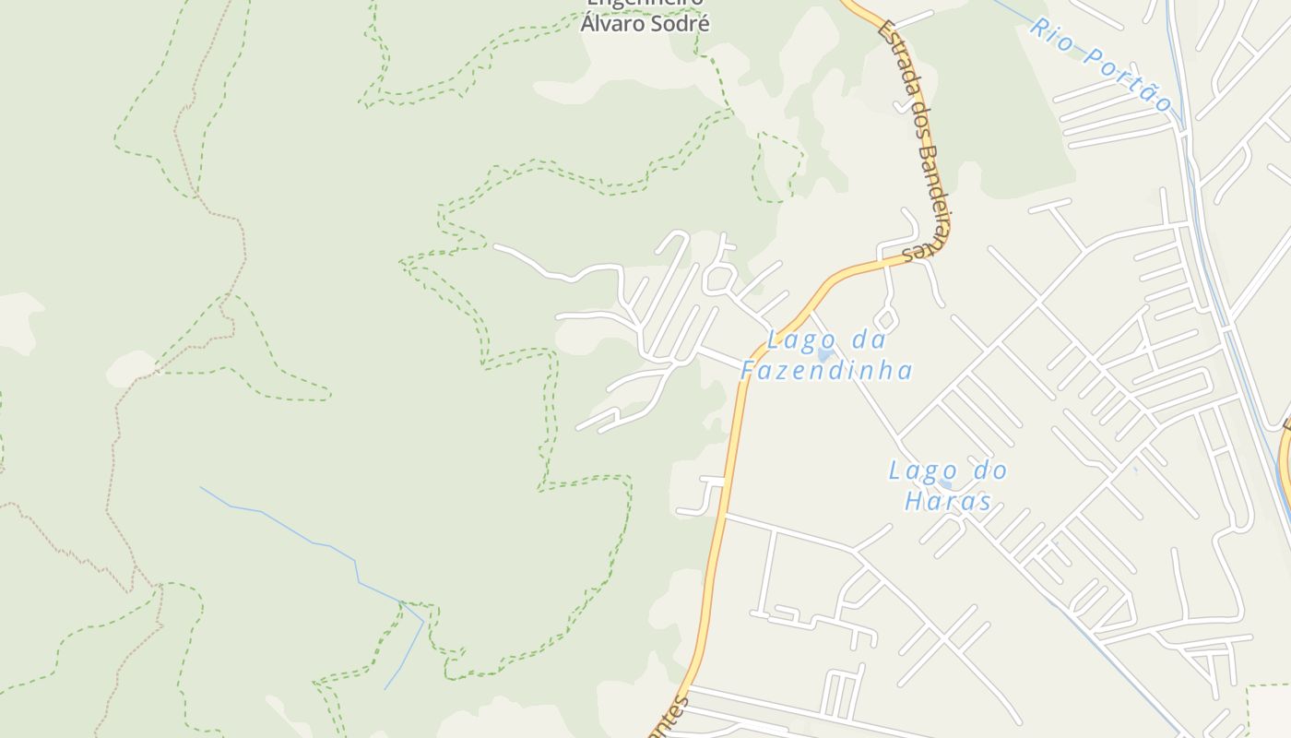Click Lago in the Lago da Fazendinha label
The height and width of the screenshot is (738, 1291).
[x=797, y=340]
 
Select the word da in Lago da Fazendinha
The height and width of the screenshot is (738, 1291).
[x=868, y=340]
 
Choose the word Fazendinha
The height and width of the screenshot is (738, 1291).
[x=826, y=371]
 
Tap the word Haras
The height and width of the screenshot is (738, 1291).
[x=947, y=502]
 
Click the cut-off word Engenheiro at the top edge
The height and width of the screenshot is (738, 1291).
[x=645, y=3]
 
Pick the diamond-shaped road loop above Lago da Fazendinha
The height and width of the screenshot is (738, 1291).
[x=885, y=320]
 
